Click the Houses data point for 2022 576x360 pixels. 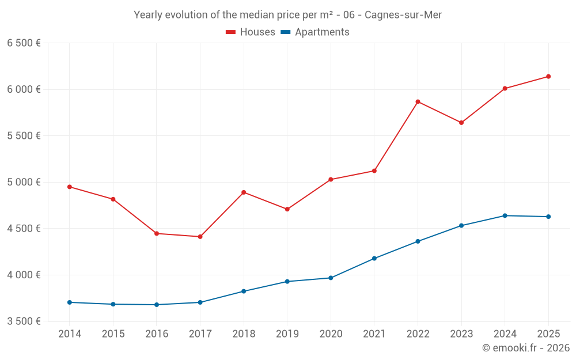(418, 102)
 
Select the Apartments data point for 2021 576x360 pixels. (374, 259)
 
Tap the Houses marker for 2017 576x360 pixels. (200, 237)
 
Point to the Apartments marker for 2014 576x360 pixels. (69, 302)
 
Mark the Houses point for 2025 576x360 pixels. (548, 77)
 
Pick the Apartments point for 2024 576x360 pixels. (505, 215)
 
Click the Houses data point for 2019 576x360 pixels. (287, 209)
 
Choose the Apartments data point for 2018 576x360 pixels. (244, 291)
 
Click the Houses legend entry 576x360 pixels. (251, 32)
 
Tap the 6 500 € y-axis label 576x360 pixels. (24, 43)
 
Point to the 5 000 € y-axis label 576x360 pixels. (24, 182)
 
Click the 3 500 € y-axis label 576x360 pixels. (24, 321)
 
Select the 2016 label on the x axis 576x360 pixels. (157, 334)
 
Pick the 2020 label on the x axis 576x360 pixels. (331, 334)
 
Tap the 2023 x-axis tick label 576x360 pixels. (461, 334)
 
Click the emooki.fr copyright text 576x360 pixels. (526, 348)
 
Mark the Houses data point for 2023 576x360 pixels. (461, 123)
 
